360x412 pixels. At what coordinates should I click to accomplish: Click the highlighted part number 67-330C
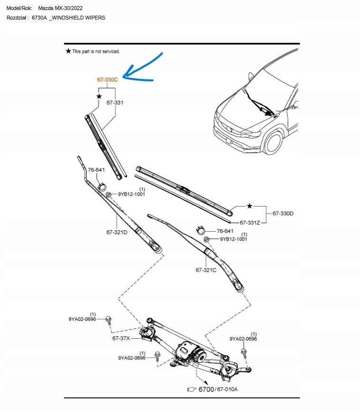click(107, 80)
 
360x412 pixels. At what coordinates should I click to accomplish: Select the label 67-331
click(115, 102)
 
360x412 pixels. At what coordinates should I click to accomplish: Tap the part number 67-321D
click(117, 232)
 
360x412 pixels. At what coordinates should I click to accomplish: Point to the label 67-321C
click(206, 270)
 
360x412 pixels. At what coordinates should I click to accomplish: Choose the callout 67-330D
click(283, 214)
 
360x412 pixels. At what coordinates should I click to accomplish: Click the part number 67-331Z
click(250, 222)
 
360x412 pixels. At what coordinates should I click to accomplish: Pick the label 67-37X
click(121, 338)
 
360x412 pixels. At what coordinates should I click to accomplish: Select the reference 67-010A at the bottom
click(227, 390)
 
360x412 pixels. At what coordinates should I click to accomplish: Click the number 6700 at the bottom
click(206, 389)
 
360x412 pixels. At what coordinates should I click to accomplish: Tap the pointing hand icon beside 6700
click(192, 390)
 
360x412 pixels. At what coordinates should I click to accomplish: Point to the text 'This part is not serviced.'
click(96, 51)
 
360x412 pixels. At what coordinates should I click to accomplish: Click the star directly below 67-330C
click(99, 96)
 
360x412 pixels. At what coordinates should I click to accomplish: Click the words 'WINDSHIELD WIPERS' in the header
click(79, 18)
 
